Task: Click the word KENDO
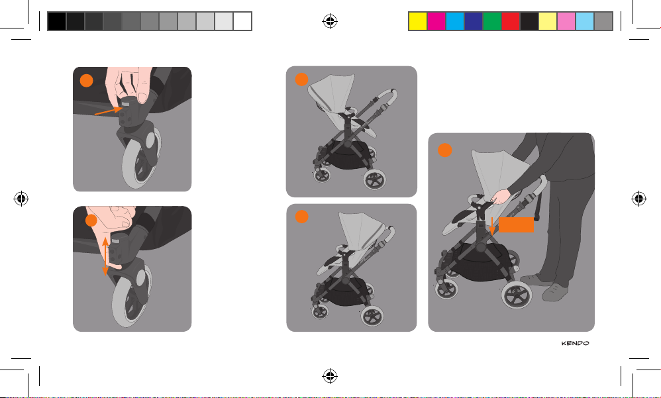[575, 343]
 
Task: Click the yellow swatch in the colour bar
[418, 21]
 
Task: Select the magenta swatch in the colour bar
[436, 21]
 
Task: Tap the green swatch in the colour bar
[492, 21]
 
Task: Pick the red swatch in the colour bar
[511, 21]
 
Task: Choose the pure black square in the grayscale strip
[57, 21]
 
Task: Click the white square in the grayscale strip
[242, 21]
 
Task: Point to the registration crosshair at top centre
[330, 21]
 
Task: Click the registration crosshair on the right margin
[638, 198]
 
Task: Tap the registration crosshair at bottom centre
[330, 375]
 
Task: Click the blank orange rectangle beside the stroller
[516, 224]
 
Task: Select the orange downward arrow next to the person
[492, 226]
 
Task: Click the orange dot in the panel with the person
[444, 150]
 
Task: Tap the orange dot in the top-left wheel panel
[86, 81]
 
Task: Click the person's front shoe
[555, 292]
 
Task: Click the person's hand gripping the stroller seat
[501, 197]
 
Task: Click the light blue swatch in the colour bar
[585, 21]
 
